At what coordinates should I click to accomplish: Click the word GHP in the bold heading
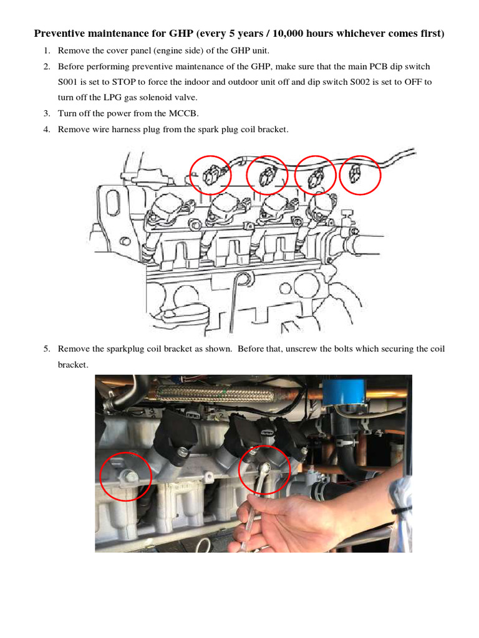click(x=181, y=33)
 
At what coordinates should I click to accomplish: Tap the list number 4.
click(x=46, y=130)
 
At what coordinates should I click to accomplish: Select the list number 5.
click(x=46, y=349)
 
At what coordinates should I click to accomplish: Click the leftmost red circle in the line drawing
click(x=210, y=174)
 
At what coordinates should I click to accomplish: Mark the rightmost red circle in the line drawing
click(x=360, y=174)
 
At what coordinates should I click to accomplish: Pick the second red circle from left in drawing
click(x=267, y=175)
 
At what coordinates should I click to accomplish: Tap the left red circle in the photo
click(x=125, y=477)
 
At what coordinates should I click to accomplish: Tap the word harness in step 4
click(x=129, y=130)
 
